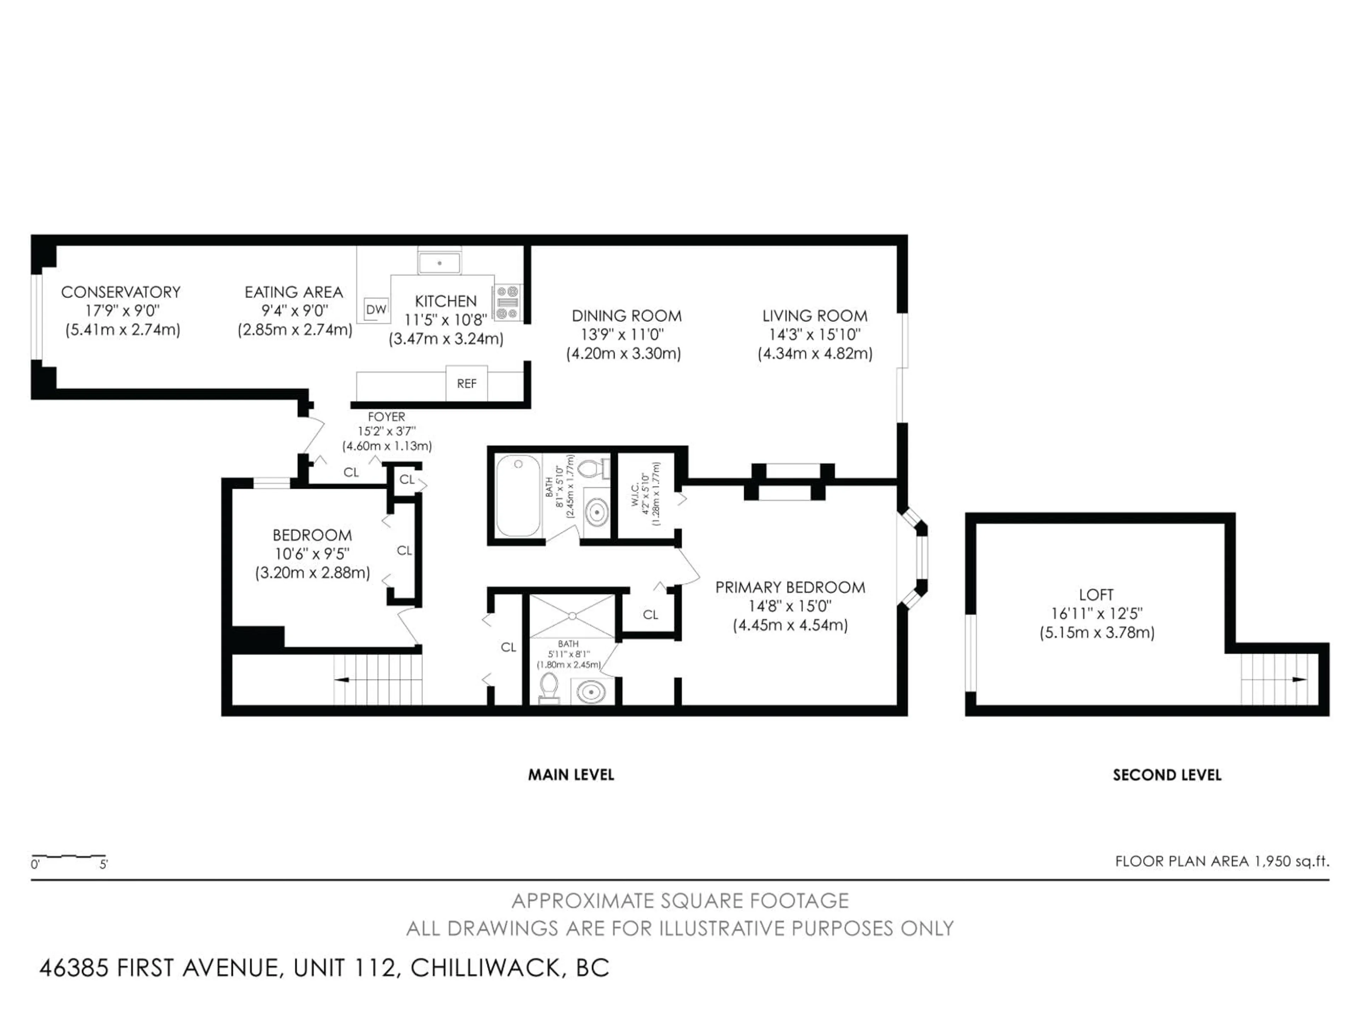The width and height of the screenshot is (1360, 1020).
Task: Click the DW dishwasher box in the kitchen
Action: pyautogui.click(x=376, y=309)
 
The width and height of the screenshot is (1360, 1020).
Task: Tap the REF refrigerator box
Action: pyautogui.click(x=467, y=383)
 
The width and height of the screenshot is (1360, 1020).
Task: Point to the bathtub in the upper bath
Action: pyautogui.click(x=518, y=495)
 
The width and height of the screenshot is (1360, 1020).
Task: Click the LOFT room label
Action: pyautogui.click(x=1096, y=595)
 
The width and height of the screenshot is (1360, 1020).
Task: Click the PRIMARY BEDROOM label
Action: pyautogui.click(x=790, y=587)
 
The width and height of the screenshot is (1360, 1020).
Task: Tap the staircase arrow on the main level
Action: pyautogui.click(x=342, y=679)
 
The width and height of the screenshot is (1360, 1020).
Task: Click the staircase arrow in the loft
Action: pyautogui.click(x=1299, y=679)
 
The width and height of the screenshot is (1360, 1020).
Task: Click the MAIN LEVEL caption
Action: pyautogui.click(x=571, y=775)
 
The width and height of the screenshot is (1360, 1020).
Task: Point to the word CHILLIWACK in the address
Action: pyautogui.click(x=486, y=968)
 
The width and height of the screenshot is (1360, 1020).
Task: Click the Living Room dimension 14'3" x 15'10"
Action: pyautogui.click(x=815, y=334)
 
